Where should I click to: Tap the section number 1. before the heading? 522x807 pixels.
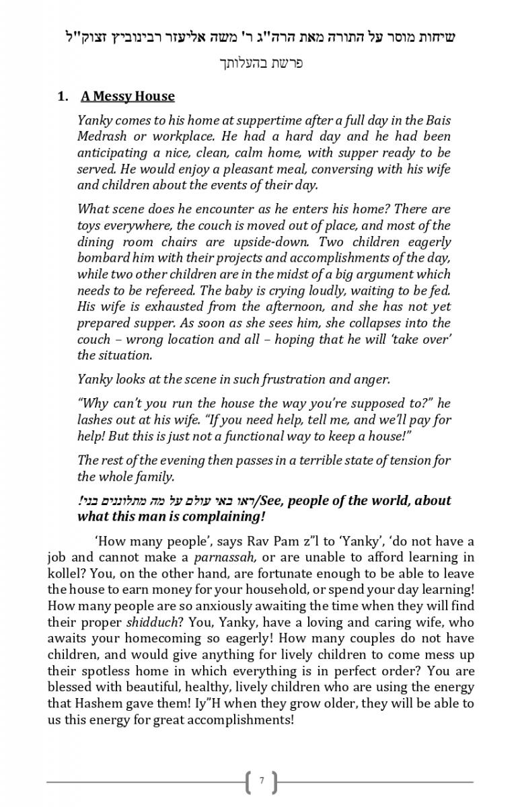pyautogui.click(x=63, y=96)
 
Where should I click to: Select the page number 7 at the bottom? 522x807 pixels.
pyautogui.click(x=262, y=781)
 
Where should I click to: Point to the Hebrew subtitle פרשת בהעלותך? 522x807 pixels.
pyautogui.click(x=262, y=64)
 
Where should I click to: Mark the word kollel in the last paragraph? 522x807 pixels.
pyautogui.click(x=63, y=574)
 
